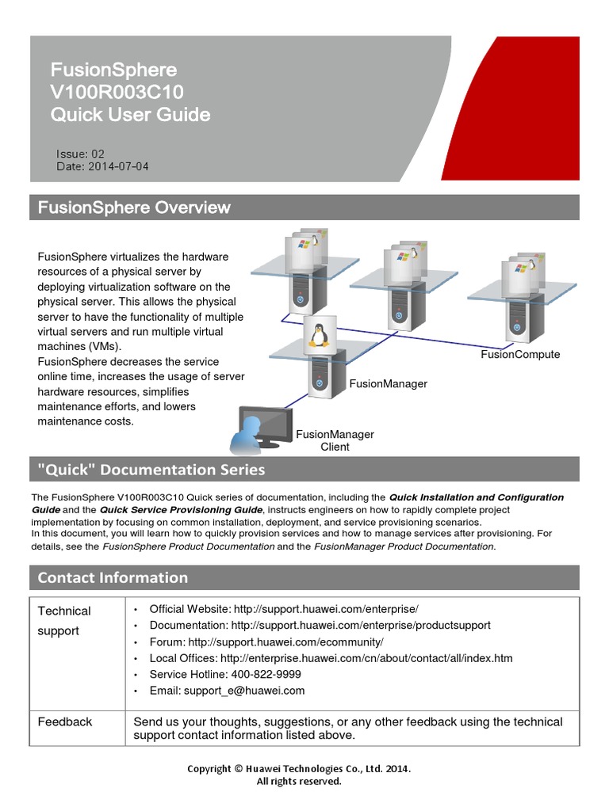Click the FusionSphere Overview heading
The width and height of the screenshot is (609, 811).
(x=134, y=208)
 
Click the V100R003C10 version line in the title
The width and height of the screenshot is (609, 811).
(x=117, y=92)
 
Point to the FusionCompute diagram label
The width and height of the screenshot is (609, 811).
(x=520, y=354)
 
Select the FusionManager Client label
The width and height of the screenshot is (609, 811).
(x=335, y=440)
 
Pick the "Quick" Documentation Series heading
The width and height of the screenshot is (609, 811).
(x=151, y=470)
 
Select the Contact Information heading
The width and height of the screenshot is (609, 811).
(x=113, y=577)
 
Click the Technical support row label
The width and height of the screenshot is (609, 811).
(x=63, y=620)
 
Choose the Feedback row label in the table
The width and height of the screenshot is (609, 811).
(x=65, y=722)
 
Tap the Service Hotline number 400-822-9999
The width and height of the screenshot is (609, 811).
(x=266, y=674)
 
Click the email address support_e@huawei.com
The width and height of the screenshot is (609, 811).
(x=244, y=691)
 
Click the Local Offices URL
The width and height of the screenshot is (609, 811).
(x=366, y=658)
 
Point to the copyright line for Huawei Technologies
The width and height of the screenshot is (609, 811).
(x=299, y=768)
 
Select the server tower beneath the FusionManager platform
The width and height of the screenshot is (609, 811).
(x=319, y=377)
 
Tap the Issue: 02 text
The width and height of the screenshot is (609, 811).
(x=80, y=154)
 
